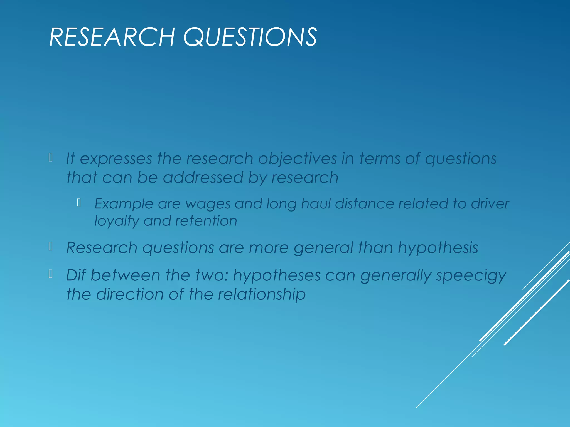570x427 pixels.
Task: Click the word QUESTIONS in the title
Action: point(250,37)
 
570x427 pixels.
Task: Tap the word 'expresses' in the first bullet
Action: point(116,159)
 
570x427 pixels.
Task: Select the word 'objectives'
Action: point(298,159)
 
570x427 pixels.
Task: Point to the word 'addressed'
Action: point(203,178)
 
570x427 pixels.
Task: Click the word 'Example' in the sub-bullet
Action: point(124,204)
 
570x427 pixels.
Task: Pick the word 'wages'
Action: point(208,204)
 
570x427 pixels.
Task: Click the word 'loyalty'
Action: point(117,221)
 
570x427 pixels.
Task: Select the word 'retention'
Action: point(206,221)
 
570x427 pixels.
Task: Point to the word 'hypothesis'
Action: point(438,248)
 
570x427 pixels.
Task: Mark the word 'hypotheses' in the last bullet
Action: point(277,275)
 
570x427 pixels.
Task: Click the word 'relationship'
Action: point(262,294)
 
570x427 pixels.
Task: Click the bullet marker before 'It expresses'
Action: point(51,157)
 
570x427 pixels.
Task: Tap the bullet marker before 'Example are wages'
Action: point(79,203)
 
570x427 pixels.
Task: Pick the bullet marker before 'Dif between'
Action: point(51,274)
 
